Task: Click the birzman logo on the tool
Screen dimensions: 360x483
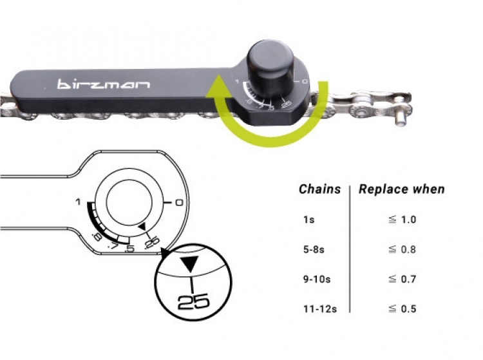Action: [103, 84]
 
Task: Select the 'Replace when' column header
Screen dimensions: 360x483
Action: [402, 189]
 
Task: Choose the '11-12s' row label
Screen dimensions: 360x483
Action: [319, 309]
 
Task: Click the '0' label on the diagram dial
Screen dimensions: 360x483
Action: [178, 202]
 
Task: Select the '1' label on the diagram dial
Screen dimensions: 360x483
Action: [78, 202]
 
